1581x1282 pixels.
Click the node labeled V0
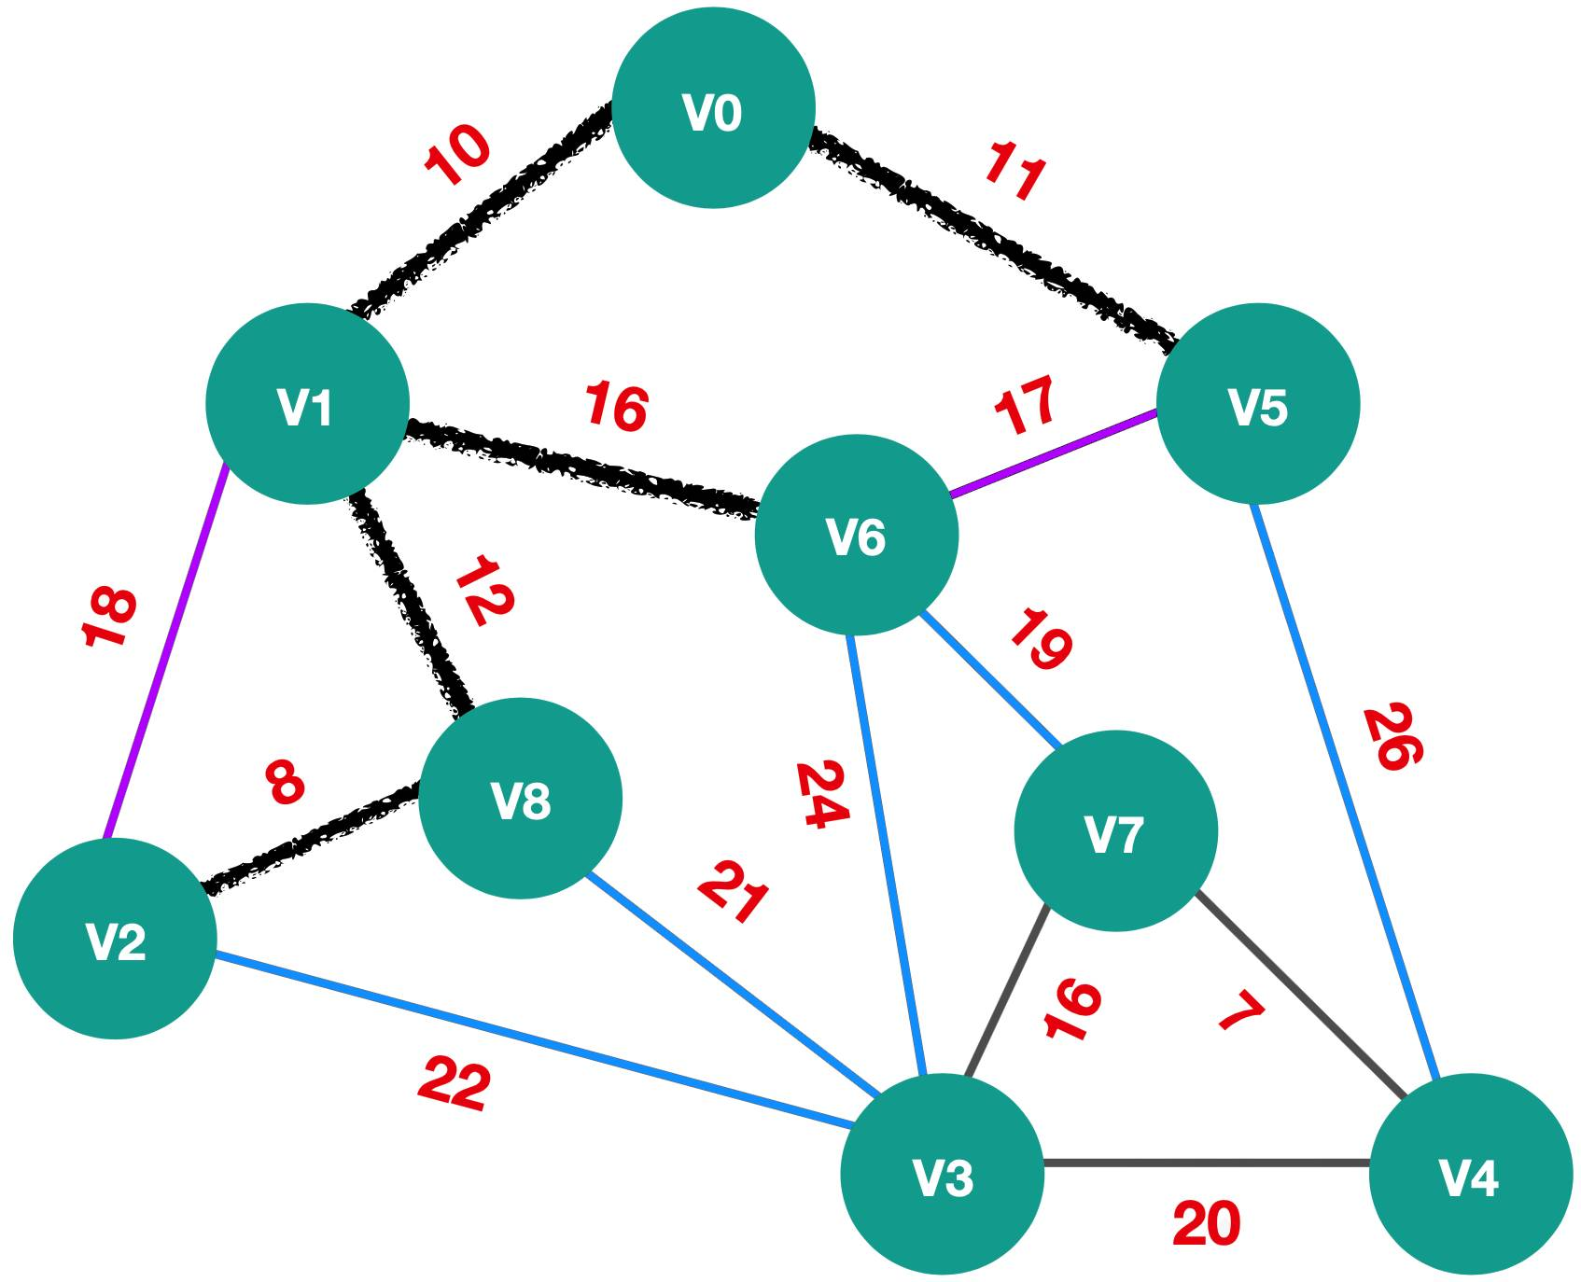tap(714, 107)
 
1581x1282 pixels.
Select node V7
tap(1116, 830)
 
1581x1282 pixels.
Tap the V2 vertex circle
tap(116, 938)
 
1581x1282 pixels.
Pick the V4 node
tap(1471, 1174)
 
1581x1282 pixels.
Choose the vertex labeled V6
tap(857, 535)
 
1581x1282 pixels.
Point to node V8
tap(521, 798)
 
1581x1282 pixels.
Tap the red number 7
tap(1242, 1012)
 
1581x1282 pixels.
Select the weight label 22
tap(455, 1083)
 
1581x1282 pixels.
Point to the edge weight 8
tap(285, 782)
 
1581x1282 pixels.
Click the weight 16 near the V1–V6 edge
tap(616, 407)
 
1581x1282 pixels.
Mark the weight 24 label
tap(822, 794)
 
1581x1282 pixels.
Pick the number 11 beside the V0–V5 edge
tap(1014, 172)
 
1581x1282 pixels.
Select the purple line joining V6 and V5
tap(1054, 453)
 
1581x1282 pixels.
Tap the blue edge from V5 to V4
tap(1346, 789)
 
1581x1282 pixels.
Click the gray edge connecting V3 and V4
tap(1206, 1164)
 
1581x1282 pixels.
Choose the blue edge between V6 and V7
tap(991, 680)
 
